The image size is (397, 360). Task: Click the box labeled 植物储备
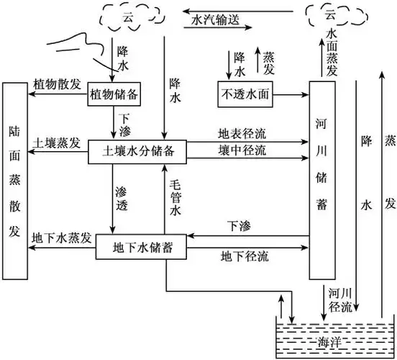click(114, 94)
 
